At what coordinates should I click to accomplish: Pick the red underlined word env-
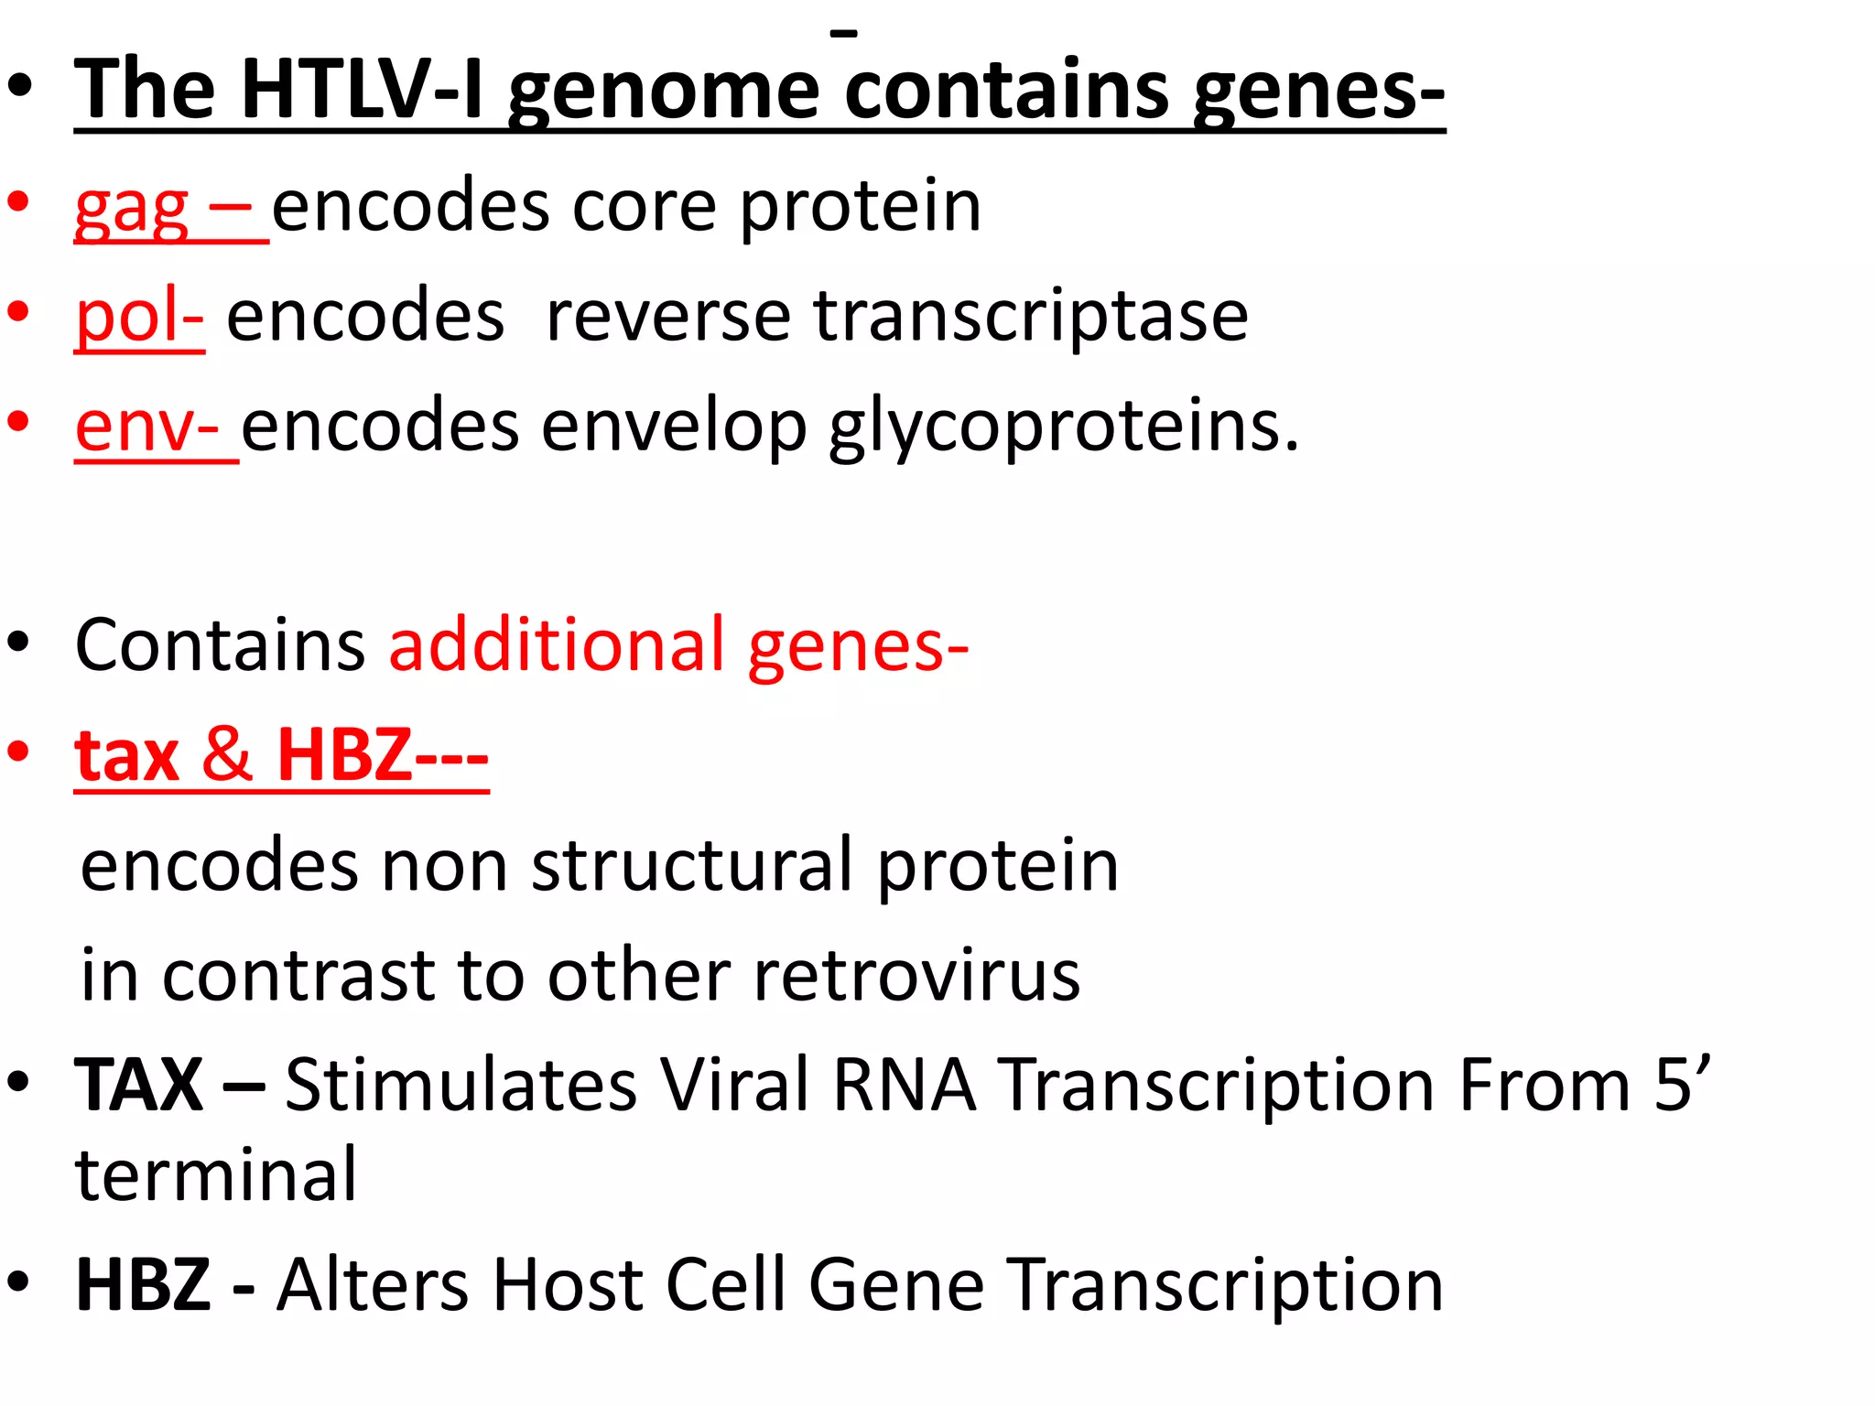pos(147,427)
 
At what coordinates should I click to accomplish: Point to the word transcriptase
pos(1031,317)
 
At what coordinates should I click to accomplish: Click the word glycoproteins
pos(1063,427)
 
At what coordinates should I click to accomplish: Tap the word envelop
pos(674,427)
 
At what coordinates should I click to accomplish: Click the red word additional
pos(558,645)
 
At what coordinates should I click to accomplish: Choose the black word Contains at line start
pos(220,645)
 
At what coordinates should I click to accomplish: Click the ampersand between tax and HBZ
pos(227,755)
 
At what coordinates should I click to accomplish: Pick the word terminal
pos(216,1175)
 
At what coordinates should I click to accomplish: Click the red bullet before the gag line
pos(19,202)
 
